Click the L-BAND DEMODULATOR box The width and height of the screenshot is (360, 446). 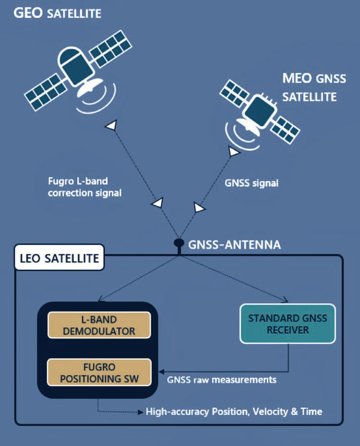(99, 325)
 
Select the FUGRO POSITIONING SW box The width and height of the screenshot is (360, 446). (99, 373)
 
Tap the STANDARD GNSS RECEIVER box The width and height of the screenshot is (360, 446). (288, 324)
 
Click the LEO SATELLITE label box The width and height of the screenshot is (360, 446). (60, 257)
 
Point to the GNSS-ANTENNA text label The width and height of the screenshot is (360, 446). (234, 245)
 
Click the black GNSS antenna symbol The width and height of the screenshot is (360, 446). (179, 246)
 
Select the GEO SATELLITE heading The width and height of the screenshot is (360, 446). (58, 13)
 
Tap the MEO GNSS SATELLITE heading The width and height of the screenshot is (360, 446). (314, 87)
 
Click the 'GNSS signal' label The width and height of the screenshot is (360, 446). (252, 183)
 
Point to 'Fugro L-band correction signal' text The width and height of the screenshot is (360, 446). (85, 187)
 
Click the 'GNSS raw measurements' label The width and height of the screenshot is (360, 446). (221, 380)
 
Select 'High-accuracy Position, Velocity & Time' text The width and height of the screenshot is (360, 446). (234, 411)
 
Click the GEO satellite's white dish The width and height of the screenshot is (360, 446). (89, 87)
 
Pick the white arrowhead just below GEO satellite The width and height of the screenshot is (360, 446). (112, 125)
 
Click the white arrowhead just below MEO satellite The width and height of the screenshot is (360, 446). (234, 151)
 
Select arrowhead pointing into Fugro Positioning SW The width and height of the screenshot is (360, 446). (161, 372)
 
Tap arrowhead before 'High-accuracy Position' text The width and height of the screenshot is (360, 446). (140, 412)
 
